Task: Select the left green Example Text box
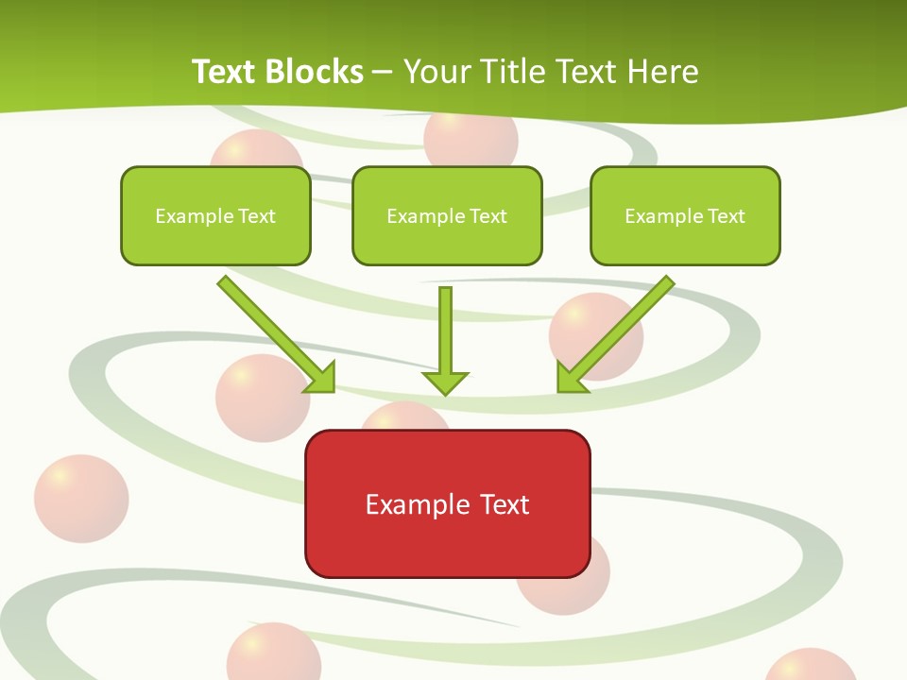[x=215, y=215]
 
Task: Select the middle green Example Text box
[x=447, y=215]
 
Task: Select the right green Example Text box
[x=685, y=215]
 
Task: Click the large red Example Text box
[x=447, y=503]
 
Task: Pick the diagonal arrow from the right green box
[x=619, y=331]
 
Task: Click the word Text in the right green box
[x=726, y=216]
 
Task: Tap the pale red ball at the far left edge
[x=80, y=500]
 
